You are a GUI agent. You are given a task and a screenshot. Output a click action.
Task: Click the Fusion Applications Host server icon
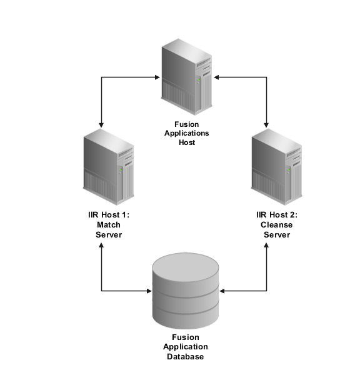187,77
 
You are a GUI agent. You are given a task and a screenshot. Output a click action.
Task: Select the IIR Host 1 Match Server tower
109,167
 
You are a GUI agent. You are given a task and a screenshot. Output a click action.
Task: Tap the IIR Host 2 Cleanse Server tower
277,167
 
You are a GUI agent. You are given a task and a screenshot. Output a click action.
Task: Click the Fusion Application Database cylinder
186,291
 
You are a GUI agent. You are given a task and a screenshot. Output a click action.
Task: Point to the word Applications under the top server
187,133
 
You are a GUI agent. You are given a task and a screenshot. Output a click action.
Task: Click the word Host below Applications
187,142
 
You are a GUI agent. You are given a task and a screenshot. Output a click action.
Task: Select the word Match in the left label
109,225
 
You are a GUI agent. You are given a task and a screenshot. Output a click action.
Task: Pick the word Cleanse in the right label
277,225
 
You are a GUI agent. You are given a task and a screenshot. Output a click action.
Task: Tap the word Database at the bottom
186,357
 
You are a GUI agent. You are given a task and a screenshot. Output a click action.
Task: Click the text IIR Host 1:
109,214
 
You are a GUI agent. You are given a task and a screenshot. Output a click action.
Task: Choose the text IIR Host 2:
277,214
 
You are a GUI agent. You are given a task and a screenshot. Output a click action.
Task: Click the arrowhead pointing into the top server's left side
157,77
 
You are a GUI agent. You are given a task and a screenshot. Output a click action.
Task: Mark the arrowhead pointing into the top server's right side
216,77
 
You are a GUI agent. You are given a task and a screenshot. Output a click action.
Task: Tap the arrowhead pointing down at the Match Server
101,125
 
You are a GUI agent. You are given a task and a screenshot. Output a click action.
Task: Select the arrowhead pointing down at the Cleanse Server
266,125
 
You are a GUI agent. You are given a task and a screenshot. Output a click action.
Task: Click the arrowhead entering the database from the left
149,291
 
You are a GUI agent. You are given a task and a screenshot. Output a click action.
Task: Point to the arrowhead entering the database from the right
222,291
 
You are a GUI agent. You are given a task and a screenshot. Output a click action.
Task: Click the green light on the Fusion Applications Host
199,80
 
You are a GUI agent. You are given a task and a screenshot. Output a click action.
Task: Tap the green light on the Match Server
121,170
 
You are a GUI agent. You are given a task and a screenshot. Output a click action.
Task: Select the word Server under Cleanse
277,235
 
